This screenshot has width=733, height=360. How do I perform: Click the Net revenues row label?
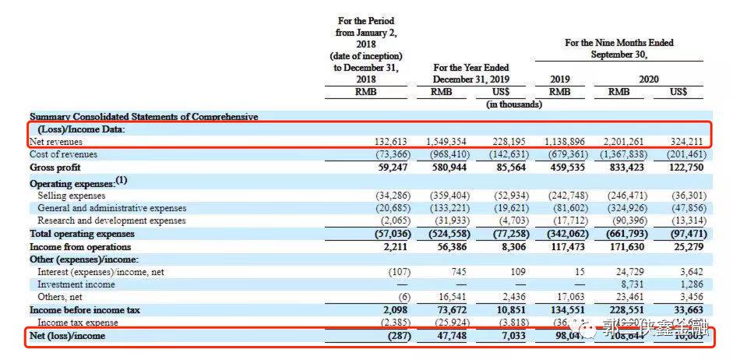click(56, 143)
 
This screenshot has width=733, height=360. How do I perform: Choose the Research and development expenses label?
click(112, 221)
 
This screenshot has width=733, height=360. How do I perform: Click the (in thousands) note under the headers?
click(513, 104)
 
